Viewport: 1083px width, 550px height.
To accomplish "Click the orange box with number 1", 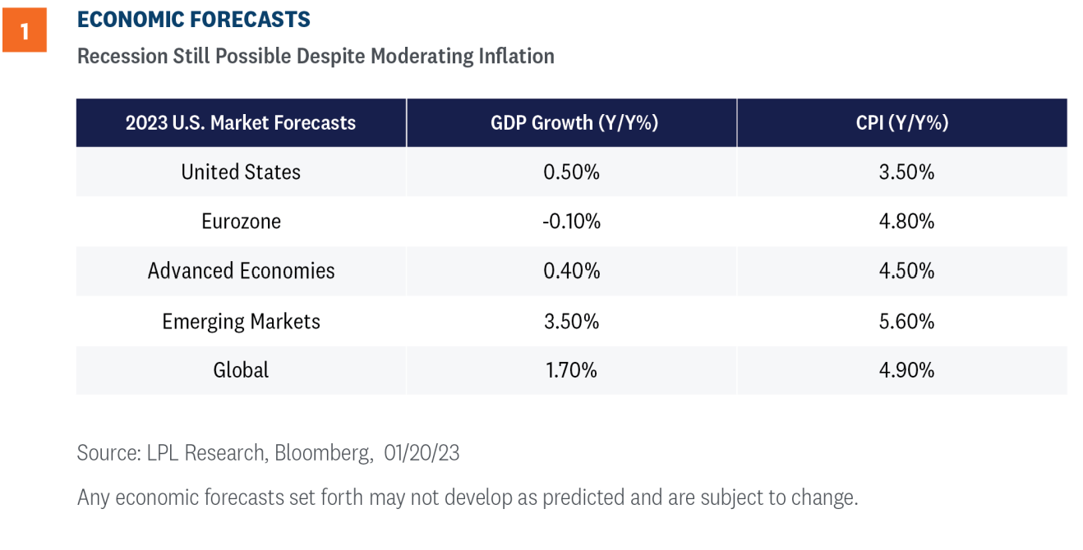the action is pyautogui.click(x=25, y=30).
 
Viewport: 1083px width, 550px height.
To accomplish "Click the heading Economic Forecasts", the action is pyautogui.click(x=193, y=20).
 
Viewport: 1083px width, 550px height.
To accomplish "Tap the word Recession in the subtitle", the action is pyautogui.click(x=122, y=56).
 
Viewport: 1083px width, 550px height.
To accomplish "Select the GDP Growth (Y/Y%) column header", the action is pyautogui.click(x=574, y=122).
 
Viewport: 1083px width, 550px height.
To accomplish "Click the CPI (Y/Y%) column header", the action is pyautogui.click(x=902, y=122).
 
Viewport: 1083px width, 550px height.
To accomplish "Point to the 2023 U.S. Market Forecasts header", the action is pyautogui.click(x=241, y=122).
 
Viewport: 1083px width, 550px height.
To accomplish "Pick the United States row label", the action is pyautogui.click(x=241, y=172).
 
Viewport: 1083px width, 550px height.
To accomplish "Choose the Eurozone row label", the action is pyautogui.click(x=241, y=221).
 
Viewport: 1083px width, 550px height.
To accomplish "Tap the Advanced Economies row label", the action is pyautogui.click(x=241, y=271).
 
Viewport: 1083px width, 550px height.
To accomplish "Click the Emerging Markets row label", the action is pyautogui.click(x=241, y=321).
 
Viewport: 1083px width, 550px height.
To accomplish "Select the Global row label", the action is pyautogui.click(x=241, y=370).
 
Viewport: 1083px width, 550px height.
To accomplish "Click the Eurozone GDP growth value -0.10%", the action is pyautogui.click(x=571, y=221).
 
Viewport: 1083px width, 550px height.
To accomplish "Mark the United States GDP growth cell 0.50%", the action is pyautogui.click(x=571, y=172).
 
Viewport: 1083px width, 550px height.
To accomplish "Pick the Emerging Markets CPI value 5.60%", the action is pyautogui.click(x=906, y=321).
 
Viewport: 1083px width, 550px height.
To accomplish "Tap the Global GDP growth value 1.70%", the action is pyautogui.click(x=571, y=370).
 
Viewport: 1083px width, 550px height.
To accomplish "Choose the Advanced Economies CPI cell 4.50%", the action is pyautogui.click(x=906, y=271).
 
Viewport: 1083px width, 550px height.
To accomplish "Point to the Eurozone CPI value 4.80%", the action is pyautogui.click(x=906, y=221).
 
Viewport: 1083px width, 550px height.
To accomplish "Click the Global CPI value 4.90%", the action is pyautogui.click(x=906, y=370).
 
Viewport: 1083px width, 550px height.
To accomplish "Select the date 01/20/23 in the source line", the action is pyautogui.click(x=422, y=453).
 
